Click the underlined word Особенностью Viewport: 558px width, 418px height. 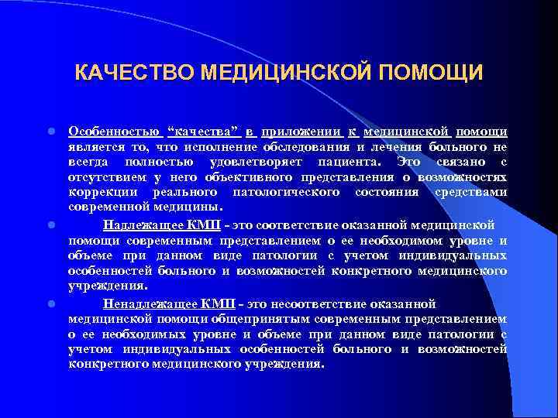tap(112, 132)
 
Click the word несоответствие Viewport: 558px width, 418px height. tap(277, 303)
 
